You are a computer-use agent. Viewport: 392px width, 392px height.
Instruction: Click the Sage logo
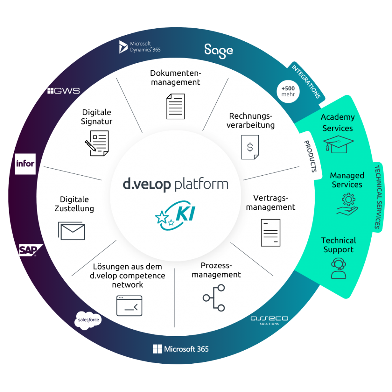click(x=218, y=51)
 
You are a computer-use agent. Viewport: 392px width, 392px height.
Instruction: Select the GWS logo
click(x=64, y=91)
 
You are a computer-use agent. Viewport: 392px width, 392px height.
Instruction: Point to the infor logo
click(x=25, y=164)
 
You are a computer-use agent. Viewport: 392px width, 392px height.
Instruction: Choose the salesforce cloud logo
click(x=88, y=320)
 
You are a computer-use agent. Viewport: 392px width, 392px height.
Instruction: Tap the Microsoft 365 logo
click(x=181, y=349)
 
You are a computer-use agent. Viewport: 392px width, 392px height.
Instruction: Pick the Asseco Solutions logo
click(x=269, y=320)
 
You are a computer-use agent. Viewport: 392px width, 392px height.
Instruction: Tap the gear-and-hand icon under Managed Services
click(x=347, y=204)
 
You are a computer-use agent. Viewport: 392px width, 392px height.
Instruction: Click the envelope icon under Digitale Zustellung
click(x=72, y=230)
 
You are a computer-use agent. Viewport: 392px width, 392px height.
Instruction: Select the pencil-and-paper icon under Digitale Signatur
click(x=97, y=143)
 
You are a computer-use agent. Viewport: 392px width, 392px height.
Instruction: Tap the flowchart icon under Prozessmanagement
click(x=214, y=297)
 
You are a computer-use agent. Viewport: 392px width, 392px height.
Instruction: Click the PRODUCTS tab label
click(x=310, y=156)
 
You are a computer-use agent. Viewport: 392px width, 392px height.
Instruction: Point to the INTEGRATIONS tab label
click(x=306, y=81)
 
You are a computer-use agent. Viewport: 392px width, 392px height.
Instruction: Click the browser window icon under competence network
click(x=129, y=305)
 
